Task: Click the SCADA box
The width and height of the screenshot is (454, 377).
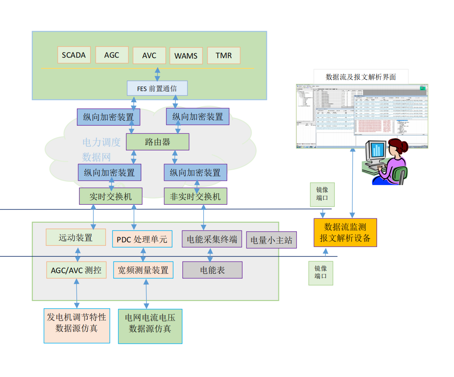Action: click(x=74, y=55)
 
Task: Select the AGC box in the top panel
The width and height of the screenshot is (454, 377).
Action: click(x=112, y=55)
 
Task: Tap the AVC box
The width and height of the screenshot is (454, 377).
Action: click(x=149, y=56)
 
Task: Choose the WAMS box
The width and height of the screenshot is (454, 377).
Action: click(x=186, y=56)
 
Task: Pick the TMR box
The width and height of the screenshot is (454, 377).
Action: click(x=224, y=55)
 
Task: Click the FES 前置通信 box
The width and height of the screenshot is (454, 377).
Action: click(x=157, y=88)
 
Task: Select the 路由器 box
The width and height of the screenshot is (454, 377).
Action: click(x=157, y=142)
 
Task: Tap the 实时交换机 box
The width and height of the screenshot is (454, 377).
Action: click(x=110, y=197)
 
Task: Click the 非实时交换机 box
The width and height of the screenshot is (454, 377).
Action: click(x=196, y=197)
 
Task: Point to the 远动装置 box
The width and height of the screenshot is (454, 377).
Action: click(x=76, y=237)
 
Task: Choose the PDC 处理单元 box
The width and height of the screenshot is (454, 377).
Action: click(x=142, y=239)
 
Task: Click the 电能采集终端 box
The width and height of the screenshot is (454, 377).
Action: click(x=212, y=239)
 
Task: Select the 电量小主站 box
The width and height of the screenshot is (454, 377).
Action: click(x=271, y=240)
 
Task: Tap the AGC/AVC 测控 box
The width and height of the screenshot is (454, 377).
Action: click(x=76, y=270)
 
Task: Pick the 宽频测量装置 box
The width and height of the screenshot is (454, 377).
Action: click(x=143, y=270)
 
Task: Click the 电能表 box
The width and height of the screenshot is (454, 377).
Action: click(x=212, y=270)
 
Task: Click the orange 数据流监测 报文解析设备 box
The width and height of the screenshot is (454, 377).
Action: click(x=345, y=232)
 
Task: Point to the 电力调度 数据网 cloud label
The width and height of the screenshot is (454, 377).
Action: click(x=101, y=150)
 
